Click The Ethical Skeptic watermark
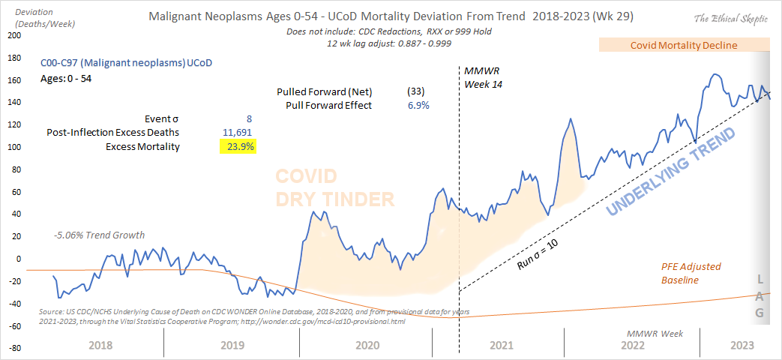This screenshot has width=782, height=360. click(x=730, y=18)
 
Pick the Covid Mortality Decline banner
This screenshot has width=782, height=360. click(x=683, y=45)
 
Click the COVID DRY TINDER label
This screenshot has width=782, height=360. click(x=334, y=187)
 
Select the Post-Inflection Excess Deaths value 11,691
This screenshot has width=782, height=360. click(x=239, y=133)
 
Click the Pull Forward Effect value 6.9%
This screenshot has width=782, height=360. click(x=418, y=105)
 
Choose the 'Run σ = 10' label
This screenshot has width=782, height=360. click(x=538, y=255)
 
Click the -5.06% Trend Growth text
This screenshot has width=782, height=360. click(x=99, y=235)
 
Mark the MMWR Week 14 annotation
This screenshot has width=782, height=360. click(x=483, y=77)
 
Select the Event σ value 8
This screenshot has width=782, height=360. click(x=249, y=118)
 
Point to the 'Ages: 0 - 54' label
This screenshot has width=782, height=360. click(x=66, y=77)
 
